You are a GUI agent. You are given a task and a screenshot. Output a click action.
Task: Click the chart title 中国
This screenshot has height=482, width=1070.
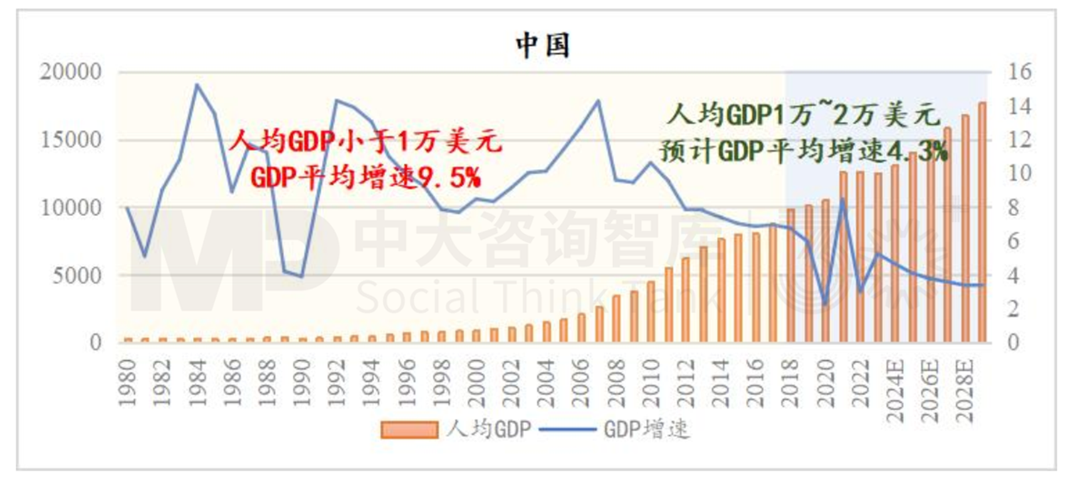pos(542,45)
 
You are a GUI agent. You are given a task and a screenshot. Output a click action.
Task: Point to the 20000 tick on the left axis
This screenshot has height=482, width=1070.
pos(70,72)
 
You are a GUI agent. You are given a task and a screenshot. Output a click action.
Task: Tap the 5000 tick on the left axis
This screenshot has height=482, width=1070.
pos(76,275)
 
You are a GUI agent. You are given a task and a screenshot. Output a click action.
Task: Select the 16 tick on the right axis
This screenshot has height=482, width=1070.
pos(1019,72)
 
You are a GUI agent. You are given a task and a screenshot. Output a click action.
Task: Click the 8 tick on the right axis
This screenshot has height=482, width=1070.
pos(1014,208)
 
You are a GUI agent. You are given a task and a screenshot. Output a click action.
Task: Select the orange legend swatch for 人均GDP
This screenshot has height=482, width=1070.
pos(409,430)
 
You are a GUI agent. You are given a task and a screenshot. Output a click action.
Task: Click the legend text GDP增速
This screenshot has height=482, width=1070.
pos(646,430)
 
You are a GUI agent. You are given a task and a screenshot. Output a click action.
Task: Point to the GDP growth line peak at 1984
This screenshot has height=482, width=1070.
pos(196,85)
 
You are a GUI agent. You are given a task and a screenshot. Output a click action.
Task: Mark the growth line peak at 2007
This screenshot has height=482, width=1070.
pos(598,101)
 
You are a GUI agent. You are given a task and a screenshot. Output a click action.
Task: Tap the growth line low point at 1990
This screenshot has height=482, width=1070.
pos(302,276)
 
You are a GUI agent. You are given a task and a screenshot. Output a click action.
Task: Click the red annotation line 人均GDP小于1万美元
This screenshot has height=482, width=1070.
pos(365,141)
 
